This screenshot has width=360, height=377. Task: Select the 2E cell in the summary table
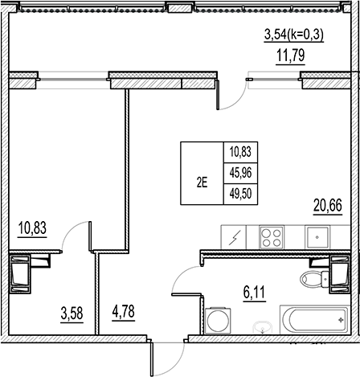tap(201, 182)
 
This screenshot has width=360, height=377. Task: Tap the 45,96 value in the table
tap(239, 171)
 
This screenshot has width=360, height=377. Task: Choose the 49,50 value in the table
tap(239, 194)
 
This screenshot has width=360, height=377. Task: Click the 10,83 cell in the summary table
tap(239, 150)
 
